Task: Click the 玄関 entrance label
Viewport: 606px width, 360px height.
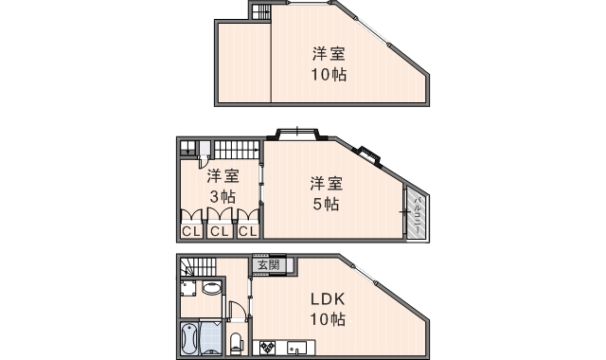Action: coord(268,264)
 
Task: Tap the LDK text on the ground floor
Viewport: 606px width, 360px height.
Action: coord(327,299)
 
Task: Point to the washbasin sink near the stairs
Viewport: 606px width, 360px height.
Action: coord(212,288)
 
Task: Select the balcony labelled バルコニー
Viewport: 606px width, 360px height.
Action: coord(418,213)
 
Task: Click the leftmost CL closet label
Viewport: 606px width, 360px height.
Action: coord(190,230)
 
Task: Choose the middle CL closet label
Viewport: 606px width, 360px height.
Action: coord(219,230)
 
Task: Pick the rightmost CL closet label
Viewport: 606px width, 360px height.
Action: coord(247,230)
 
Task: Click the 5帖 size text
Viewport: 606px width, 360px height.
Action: coord(327,204)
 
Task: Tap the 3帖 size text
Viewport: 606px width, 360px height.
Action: coord(223,197)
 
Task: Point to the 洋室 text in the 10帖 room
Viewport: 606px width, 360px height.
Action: coord(329,53)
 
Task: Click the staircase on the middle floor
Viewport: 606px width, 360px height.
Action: coord(236,149)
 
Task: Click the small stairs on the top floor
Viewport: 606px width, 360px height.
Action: coord(261,11)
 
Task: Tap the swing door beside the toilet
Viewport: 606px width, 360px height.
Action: coord(238,312)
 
